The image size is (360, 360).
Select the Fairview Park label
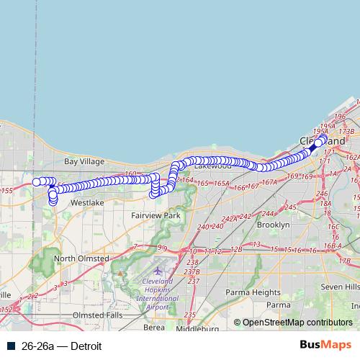[x=156, y=215]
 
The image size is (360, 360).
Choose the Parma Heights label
[x=253, y=292]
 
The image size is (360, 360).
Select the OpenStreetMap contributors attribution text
[x=297, y=323]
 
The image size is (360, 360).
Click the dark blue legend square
[x=11, y=346]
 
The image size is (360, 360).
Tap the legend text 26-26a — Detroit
[x=61, y=346]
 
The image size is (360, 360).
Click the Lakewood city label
[x=214, y=166]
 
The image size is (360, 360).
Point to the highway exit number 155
[x=6, y=191]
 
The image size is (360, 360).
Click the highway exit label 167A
[x=269, y=183]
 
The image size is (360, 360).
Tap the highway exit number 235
[x=189, y=315]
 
